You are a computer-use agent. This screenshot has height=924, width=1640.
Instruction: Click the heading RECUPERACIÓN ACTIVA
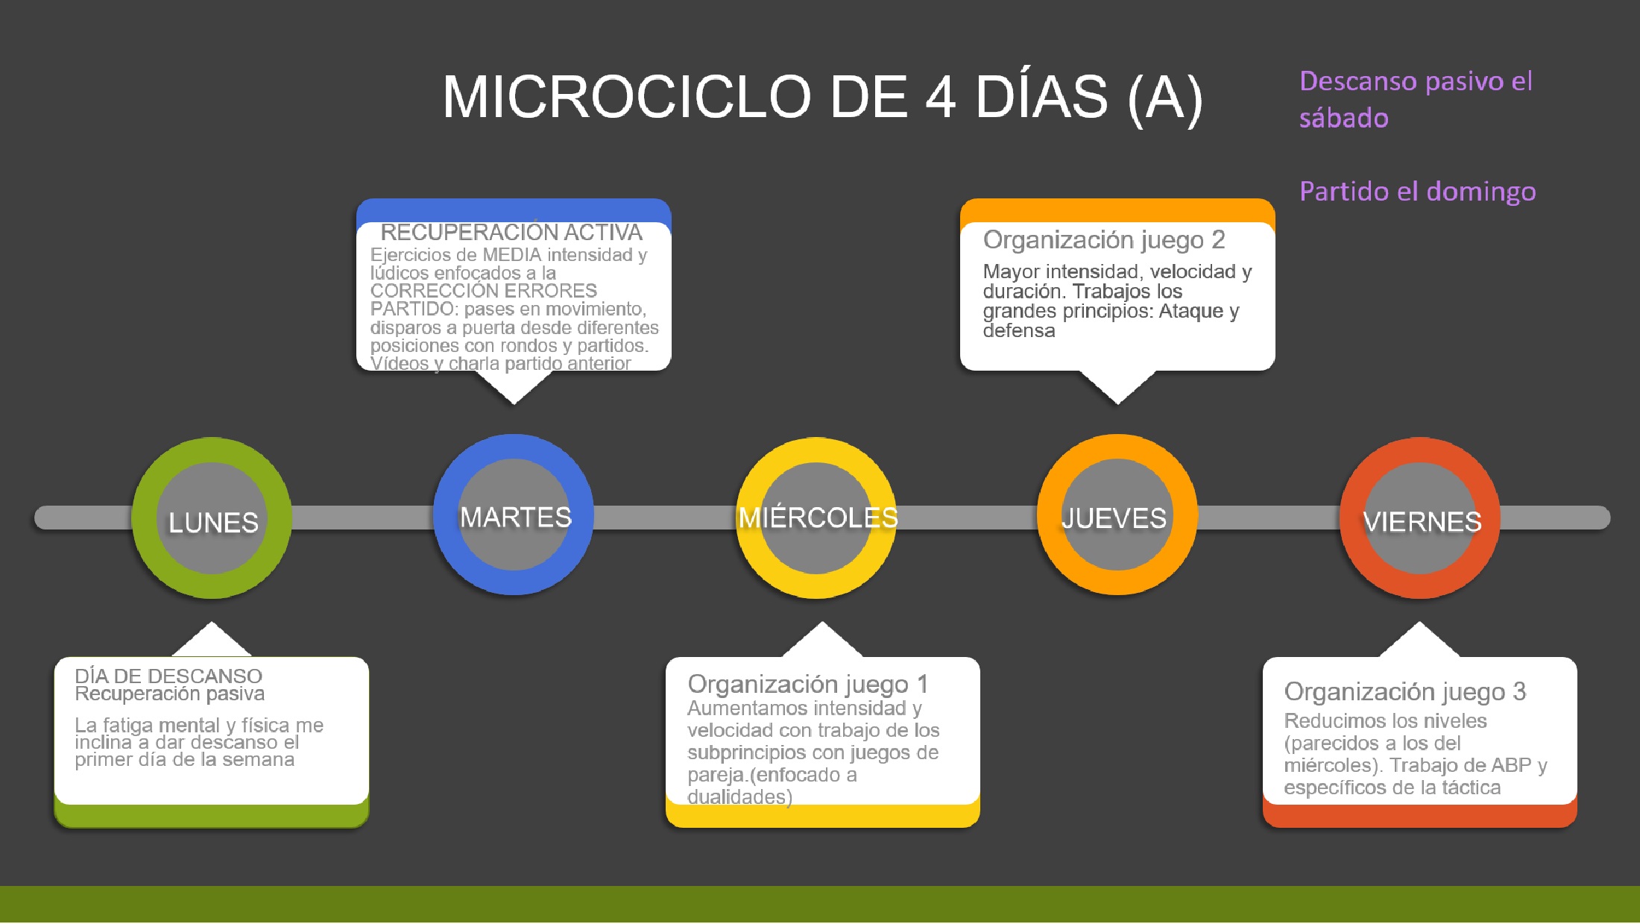pos(511,233)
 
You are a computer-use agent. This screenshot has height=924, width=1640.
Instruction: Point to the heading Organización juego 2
pos(1104,240)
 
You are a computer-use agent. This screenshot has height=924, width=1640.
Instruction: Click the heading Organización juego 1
pos(808,684)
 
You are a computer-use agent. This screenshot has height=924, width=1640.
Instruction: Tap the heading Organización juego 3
pos(1405,692)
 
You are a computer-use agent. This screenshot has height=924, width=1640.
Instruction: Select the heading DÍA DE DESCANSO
pos(168,676)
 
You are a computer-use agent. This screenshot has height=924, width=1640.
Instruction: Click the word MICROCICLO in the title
pos(627,97)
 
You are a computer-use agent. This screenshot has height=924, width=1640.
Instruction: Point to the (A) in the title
pos(1165,98)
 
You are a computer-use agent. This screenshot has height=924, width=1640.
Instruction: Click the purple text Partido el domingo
pos(1418,192)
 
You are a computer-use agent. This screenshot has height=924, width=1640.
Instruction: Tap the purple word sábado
pos(1344,118)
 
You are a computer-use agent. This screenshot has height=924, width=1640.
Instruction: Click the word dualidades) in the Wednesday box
pos(739,797)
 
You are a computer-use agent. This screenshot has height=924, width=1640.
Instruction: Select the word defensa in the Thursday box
pos(1019,330)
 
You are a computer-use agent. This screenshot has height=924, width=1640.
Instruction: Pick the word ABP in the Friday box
pos(1511,765)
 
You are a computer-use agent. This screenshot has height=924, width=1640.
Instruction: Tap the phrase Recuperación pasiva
pos(170,694)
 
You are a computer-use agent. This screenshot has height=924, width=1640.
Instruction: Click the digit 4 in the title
pos(941,97)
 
